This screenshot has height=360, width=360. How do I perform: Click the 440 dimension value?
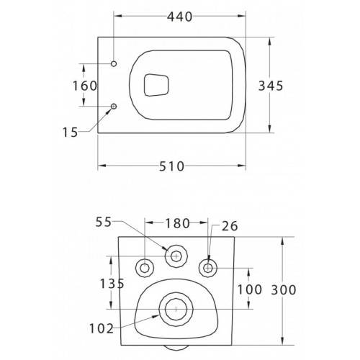coord(180,17)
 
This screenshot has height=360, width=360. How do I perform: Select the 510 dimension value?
coord(171,166)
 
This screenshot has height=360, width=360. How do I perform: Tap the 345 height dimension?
coord(271,86)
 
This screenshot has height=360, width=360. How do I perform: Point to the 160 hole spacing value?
coord(85,86)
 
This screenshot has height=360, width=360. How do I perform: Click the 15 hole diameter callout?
coord(71,132)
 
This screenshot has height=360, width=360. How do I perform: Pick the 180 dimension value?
coord(177,223)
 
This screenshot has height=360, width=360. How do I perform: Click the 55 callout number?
coord(104,222)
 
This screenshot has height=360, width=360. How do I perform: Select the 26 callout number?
coord(230,226)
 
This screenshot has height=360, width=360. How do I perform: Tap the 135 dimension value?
coord(112,284)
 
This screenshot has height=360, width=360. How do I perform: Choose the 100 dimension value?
coord(250,289)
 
